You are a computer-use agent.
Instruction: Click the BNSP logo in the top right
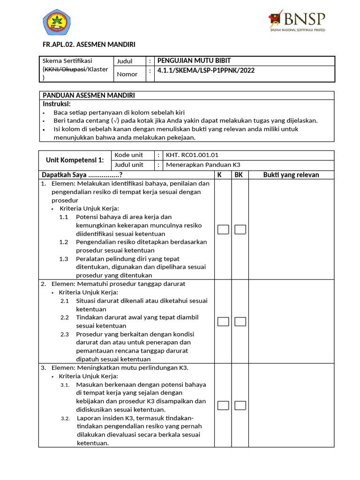click(x=296, y=21)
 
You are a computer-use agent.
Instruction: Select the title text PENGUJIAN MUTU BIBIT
click(x=194, y=60)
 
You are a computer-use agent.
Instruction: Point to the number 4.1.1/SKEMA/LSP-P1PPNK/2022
click(x=206, y=71)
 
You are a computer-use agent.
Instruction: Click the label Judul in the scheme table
click(x=125, y=61)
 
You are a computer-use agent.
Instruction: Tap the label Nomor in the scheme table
click(x=127, y=74)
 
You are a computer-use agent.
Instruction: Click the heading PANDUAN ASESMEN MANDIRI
click(x=89, y=95)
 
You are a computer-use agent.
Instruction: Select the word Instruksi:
click(x=57, y=104)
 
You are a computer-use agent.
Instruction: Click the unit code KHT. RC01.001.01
click(x=189, y=155)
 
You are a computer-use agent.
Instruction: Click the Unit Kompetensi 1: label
click(x=75, y=160)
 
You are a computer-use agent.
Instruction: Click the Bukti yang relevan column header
click(x=291, y=175)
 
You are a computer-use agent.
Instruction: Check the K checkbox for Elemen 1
click(x=224, y=229)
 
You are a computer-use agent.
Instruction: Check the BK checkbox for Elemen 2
click(x=240, y=322)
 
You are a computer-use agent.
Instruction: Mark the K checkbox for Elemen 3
click(x=224, y=405)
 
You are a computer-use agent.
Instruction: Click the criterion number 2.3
click(x=65, y=334)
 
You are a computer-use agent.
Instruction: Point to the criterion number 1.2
click(x=64, y=242)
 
